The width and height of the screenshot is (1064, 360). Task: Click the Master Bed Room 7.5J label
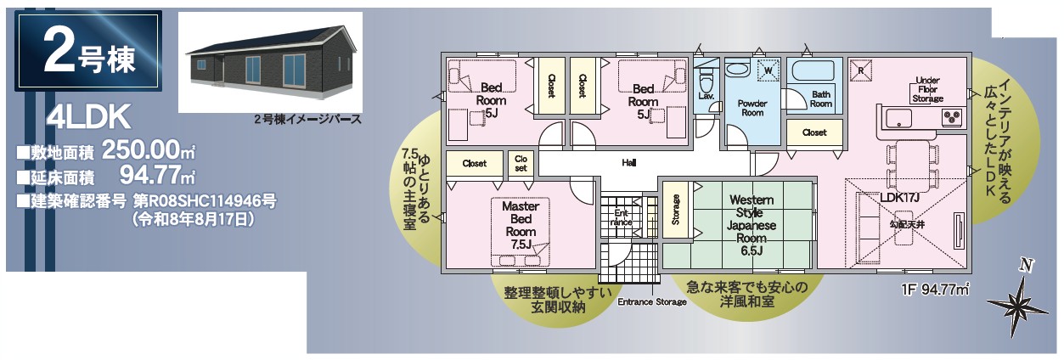[x=521, y=226]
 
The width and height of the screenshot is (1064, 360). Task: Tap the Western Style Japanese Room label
[x=752, y=225]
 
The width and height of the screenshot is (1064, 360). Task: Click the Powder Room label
[x=752, y=108]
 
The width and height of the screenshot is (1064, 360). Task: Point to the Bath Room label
[x=821, y=98]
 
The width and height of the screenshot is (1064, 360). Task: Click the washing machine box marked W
[x=768, y=70]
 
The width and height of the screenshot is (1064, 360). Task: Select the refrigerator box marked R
[x=860, y=70]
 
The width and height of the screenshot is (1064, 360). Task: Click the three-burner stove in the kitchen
[x=952, y=117]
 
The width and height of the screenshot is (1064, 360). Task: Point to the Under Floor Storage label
[x=927, y=89]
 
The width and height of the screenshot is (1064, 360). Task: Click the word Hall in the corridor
[x=629, y=163]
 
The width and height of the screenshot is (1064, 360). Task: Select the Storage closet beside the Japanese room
[x=675, y=210]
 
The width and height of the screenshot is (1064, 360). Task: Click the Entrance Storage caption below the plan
[x=651, y=301]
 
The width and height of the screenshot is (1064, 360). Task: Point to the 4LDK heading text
[x=89, y=117]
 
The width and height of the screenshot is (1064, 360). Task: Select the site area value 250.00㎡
[x=149, y=150]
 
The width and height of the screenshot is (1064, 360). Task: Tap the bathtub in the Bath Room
[x=813, y=71]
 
